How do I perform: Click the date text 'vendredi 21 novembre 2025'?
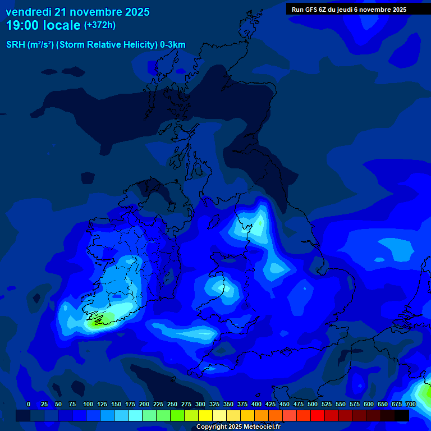pyautogui.click(x=77, y=11)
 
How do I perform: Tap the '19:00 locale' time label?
pyautogui.click(x=43, y=25)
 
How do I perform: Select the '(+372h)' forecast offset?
pyautogui.click(x=100, y=25)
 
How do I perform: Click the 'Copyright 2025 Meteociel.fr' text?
pyautogui.click(x=238, y=427)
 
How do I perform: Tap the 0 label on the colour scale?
pyautogui.click(x=29, y=404)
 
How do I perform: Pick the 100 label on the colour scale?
pyautogui.click(x=88, y=404)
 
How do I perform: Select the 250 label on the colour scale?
pyautogui.click(x=172, y=404)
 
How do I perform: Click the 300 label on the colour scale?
pyautogui.click(x=200, y=404)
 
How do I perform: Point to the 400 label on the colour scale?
pyautogui.click(x=256, y=404)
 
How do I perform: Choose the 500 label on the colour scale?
pyautogui.click(x=313, y=404)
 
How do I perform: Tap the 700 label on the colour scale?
pyautogui.click(x=411, y=404)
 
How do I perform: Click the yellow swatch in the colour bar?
pyautogui.click(x=205, y=415)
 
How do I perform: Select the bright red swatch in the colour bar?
pyautogui.click(x=318, y=415)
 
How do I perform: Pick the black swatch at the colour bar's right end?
pyautogui.click(x=402, y=415)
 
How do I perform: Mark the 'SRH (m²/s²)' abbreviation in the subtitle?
pyautogui.click(x=30, y=45)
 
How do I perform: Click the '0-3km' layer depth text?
pyautogui.click(x=173, y=45)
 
